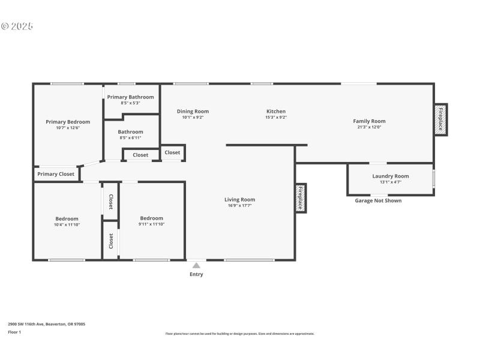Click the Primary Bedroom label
click(x=68, y=122)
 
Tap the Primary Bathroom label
click(x=130, y=97)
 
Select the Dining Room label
click(x=193, y=111)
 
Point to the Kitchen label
click(x=276, y=111)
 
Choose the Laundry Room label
click(x=390, y=176)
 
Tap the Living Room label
click(x=239, y=200)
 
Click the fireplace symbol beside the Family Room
click(x=440, y=119)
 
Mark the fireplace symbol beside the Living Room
click(x=301, y=197)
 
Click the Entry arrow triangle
click(x=196, y=265)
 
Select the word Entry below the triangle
click(x=196, y=274)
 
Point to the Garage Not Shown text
click(x=378, y=200)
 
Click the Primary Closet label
click(x=56, y=174)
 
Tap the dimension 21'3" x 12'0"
click(x=369, y=127)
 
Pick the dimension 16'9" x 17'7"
click(x=239, y=206)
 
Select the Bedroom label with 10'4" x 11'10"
click(x=67, y=218)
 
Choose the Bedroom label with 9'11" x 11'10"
click(x=151, y=218)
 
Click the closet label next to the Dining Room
click(x=172, y=152)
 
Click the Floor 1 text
click(x=14, y=332)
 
